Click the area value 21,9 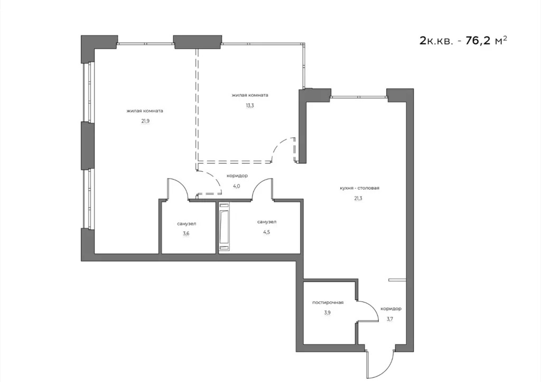tap(144, 120)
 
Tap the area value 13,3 tap(249, 105)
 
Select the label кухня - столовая tap(360, 188)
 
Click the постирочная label tap(328, 302)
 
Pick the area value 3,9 tap(328, 312)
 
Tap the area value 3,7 tap(390, 319)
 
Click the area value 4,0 tap(237, 186)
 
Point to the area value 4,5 tap(266, 232)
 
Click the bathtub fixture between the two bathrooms tap(225, 227)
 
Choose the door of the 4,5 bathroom tap(262, 189)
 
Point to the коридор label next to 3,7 tap(390, 309)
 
